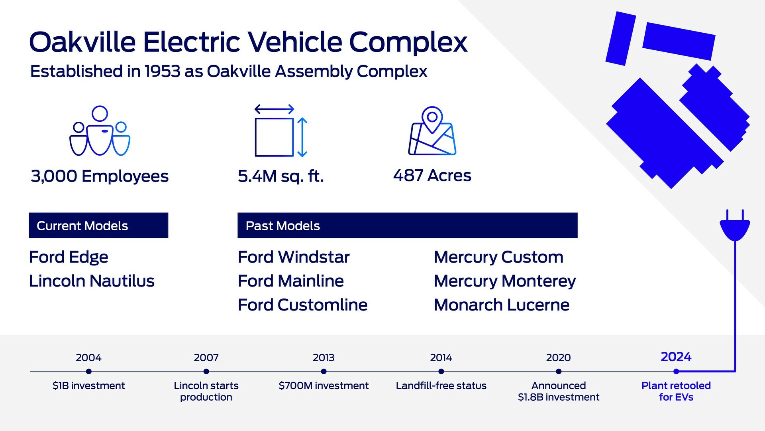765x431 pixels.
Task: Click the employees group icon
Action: coord(100,131)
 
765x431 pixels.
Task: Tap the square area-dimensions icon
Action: coord(280,132)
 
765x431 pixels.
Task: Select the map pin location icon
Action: coord(432,131)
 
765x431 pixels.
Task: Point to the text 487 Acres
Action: coord(432,176)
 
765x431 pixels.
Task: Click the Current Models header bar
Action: coord(98,225)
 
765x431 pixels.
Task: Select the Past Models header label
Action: coord(282,226)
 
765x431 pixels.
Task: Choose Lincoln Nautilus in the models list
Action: coord(92,281)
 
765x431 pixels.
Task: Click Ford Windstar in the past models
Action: coord(294,257)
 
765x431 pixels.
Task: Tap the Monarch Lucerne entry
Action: coord(501,305)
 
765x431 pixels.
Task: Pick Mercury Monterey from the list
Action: coord(504,281)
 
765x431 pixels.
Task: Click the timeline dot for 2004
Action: coord(88,372)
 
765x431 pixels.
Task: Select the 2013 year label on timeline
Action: coord(323,358)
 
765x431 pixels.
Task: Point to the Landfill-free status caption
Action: coord(441,386)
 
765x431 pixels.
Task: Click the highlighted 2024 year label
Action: coord(676,357)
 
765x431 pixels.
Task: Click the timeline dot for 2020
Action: coord(559,372)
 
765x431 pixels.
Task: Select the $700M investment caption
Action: coord(324,386)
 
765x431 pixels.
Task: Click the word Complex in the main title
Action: coord(408,42)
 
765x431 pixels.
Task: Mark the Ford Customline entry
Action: coord(302,305)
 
